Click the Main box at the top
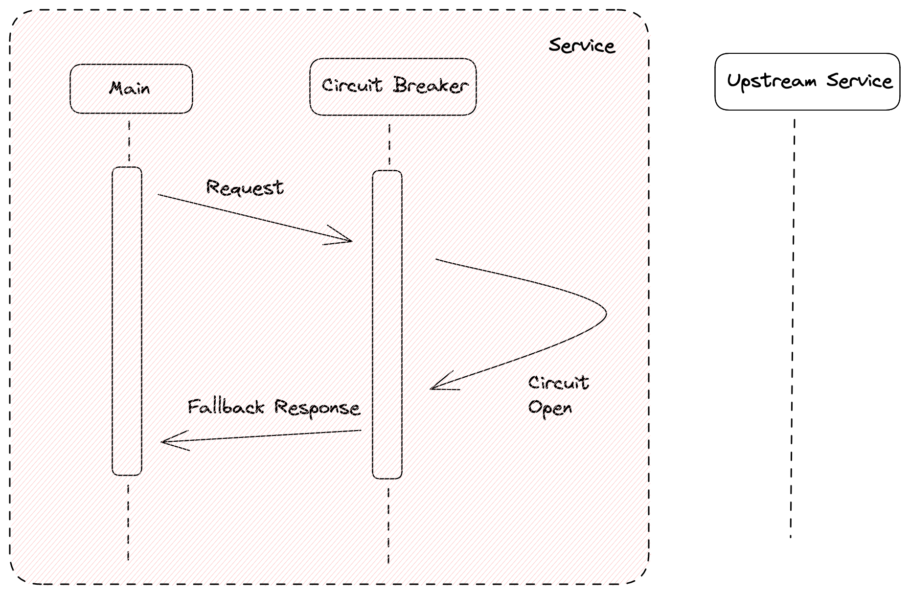pos(131,89)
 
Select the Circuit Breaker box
pos(393,87)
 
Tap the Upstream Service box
pos(807,82)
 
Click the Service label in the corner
pos(581,46)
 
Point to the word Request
pos(245,188)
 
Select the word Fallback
pos(226,407)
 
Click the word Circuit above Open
pos(558,383)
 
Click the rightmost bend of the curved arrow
pos(606,313)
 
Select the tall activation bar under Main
pos(127,321)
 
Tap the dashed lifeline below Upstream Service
pos(793,328)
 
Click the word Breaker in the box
pos(431,86)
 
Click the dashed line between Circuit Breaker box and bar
pos(389,143)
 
